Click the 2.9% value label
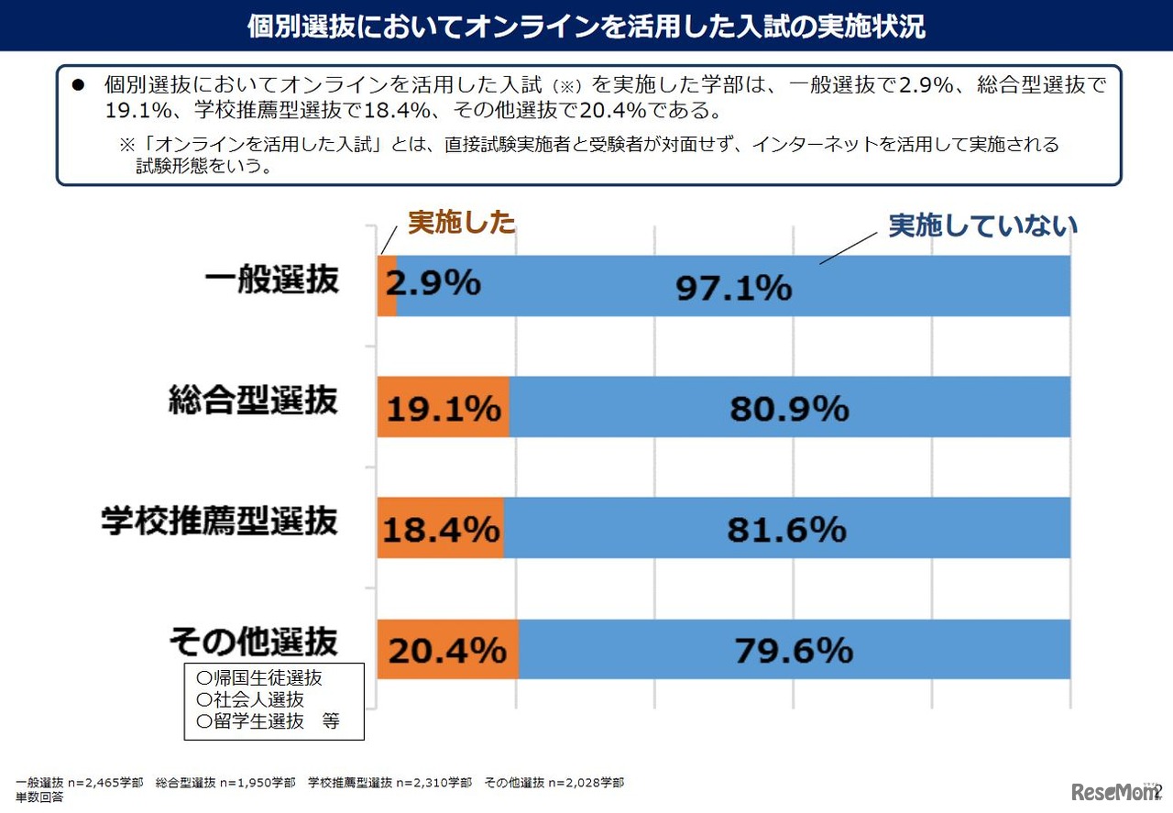(433, 284)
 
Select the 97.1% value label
(733, 288)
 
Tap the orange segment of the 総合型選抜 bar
(444, 407)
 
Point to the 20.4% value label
(447, 650)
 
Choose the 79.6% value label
(794, 650)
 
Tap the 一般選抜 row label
(271, 280)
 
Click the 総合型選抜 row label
(254, 401)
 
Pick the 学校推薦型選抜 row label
(219, 521)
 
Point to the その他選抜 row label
(254, 642)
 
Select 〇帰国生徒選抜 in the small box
(259, 678)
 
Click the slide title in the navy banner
(586, 26)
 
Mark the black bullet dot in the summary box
(79, 85)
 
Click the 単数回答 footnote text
(39, 797)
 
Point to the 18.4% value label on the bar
(441, 529)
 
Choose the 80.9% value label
(789, 408)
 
